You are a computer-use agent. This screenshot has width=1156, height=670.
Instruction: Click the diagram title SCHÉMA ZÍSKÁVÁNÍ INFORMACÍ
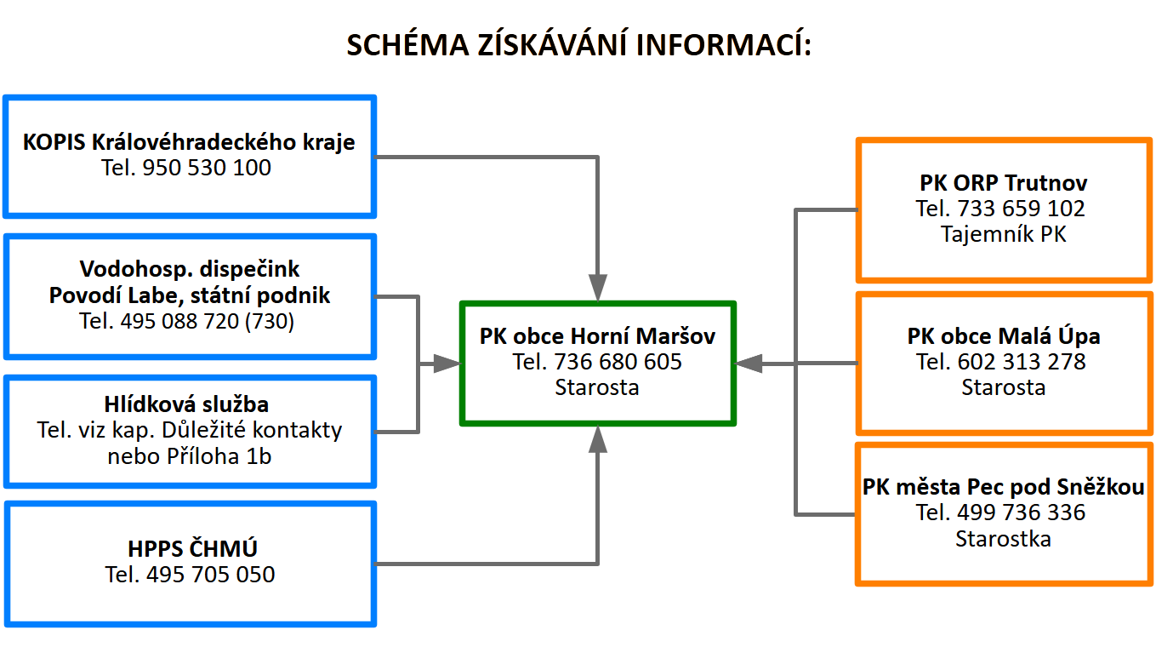click(x=578, y=45)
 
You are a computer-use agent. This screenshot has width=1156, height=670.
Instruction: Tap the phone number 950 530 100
click(x=207, y=168)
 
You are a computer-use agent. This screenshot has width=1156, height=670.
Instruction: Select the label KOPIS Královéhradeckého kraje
click(x=189, y=141)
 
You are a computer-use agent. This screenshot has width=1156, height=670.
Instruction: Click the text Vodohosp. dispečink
click(x=190, y=270)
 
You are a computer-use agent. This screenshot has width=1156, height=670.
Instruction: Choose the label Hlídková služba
click(x=190, y=404)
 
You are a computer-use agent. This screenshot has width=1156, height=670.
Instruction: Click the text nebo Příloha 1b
click(x=190, y=456)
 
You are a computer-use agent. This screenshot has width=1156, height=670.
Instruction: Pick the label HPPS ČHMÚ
click(x=191, y=548)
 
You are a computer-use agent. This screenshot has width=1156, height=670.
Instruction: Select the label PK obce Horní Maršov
click(x=597, y=336)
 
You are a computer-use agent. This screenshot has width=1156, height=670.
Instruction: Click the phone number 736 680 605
click(x=618, y=362)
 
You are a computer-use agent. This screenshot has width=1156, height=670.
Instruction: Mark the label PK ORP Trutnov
click(x=1004, y=183)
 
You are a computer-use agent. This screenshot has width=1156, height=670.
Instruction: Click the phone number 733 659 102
click(x=1021, y=209)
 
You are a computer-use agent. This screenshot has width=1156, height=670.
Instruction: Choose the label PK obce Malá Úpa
click(x=1004, y=336)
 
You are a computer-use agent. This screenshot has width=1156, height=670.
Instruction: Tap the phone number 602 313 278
click(x=1022, y=362)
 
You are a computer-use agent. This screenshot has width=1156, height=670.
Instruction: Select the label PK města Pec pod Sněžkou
click(x=1004, y=487)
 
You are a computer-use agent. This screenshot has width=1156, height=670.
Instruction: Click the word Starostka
click(x=1003, y=539)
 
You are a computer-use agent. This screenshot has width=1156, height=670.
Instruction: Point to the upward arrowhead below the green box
click(x=598, y=439)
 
